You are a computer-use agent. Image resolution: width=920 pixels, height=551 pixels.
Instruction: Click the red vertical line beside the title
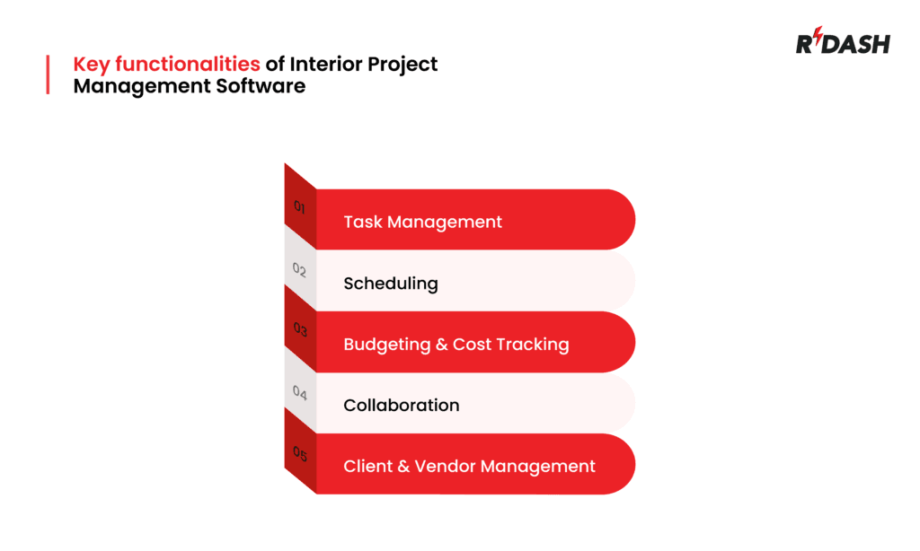(48, 74)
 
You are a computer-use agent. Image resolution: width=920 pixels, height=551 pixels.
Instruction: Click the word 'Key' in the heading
(90, 65)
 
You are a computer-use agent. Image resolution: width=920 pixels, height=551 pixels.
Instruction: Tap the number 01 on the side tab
(300, 208)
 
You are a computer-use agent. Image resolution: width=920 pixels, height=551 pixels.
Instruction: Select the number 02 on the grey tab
(300, 269)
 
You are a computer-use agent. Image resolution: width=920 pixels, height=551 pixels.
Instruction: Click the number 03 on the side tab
(300, 330)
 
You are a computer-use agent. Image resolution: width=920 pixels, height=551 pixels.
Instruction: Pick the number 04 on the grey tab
(300, 392)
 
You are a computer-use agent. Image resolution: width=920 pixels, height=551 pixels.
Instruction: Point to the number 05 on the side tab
(300, 454)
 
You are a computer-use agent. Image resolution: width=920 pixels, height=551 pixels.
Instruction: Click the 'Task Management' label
(422, 222)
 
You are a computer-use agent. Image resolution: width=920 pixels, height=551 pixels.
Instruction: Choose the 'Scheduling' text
(390, 284)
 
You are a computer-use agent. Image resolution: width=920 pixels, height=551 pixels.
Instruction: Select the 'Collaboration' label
(401, 406)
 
